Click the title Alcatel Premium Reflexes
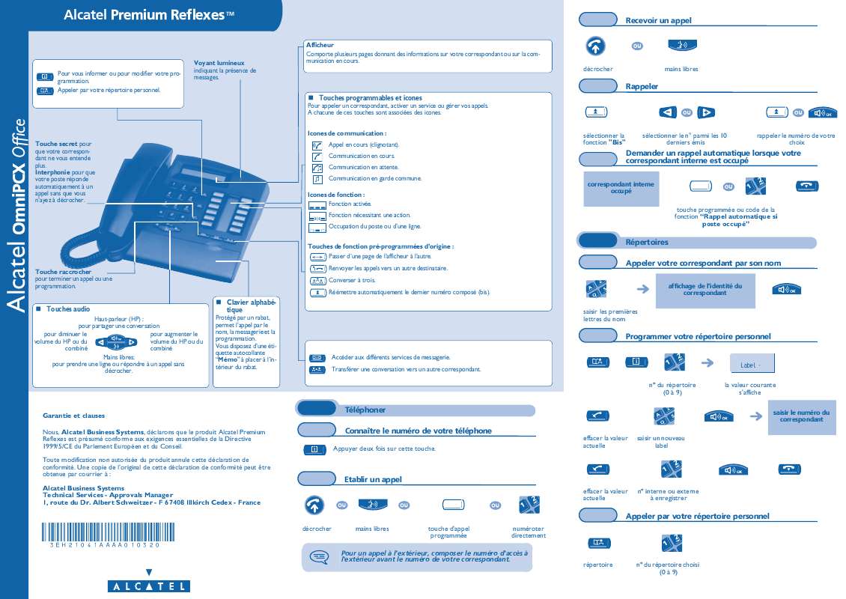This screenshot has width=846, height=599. click(x=149, y=15)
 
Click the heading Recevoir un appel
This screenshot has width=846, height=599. click(x=658, y=21)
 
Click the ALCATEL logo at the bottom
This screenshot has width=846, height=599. click(x=147, y=586)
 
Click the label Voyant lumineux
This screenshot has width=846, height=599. click(x=219, y=63)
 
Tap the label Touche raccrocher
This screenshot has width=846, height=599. click(x=64, y=272)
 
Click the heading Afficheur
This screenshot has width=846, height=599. click(x=320, y=46)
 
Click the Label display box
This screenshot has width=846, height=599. click(x=752, y=365)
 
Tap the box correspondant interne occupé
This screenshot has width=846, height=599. click(x=621, y=188)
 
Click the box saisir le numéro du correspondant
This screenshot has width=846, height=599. click(x=801, y=416)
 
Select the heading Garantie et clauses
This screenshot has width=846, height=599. click(x=74, y=415)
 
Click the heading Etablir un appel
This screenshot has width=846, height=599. click(x=373, y=479)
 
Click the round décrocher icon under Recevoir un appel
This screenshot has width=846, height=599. click(x=595, y=46)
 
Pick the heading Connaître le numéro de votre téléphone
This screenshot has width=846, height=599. click(x=418, y=431)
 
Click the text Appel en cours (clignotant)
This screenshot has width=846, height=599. click(x=364, y=145)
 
